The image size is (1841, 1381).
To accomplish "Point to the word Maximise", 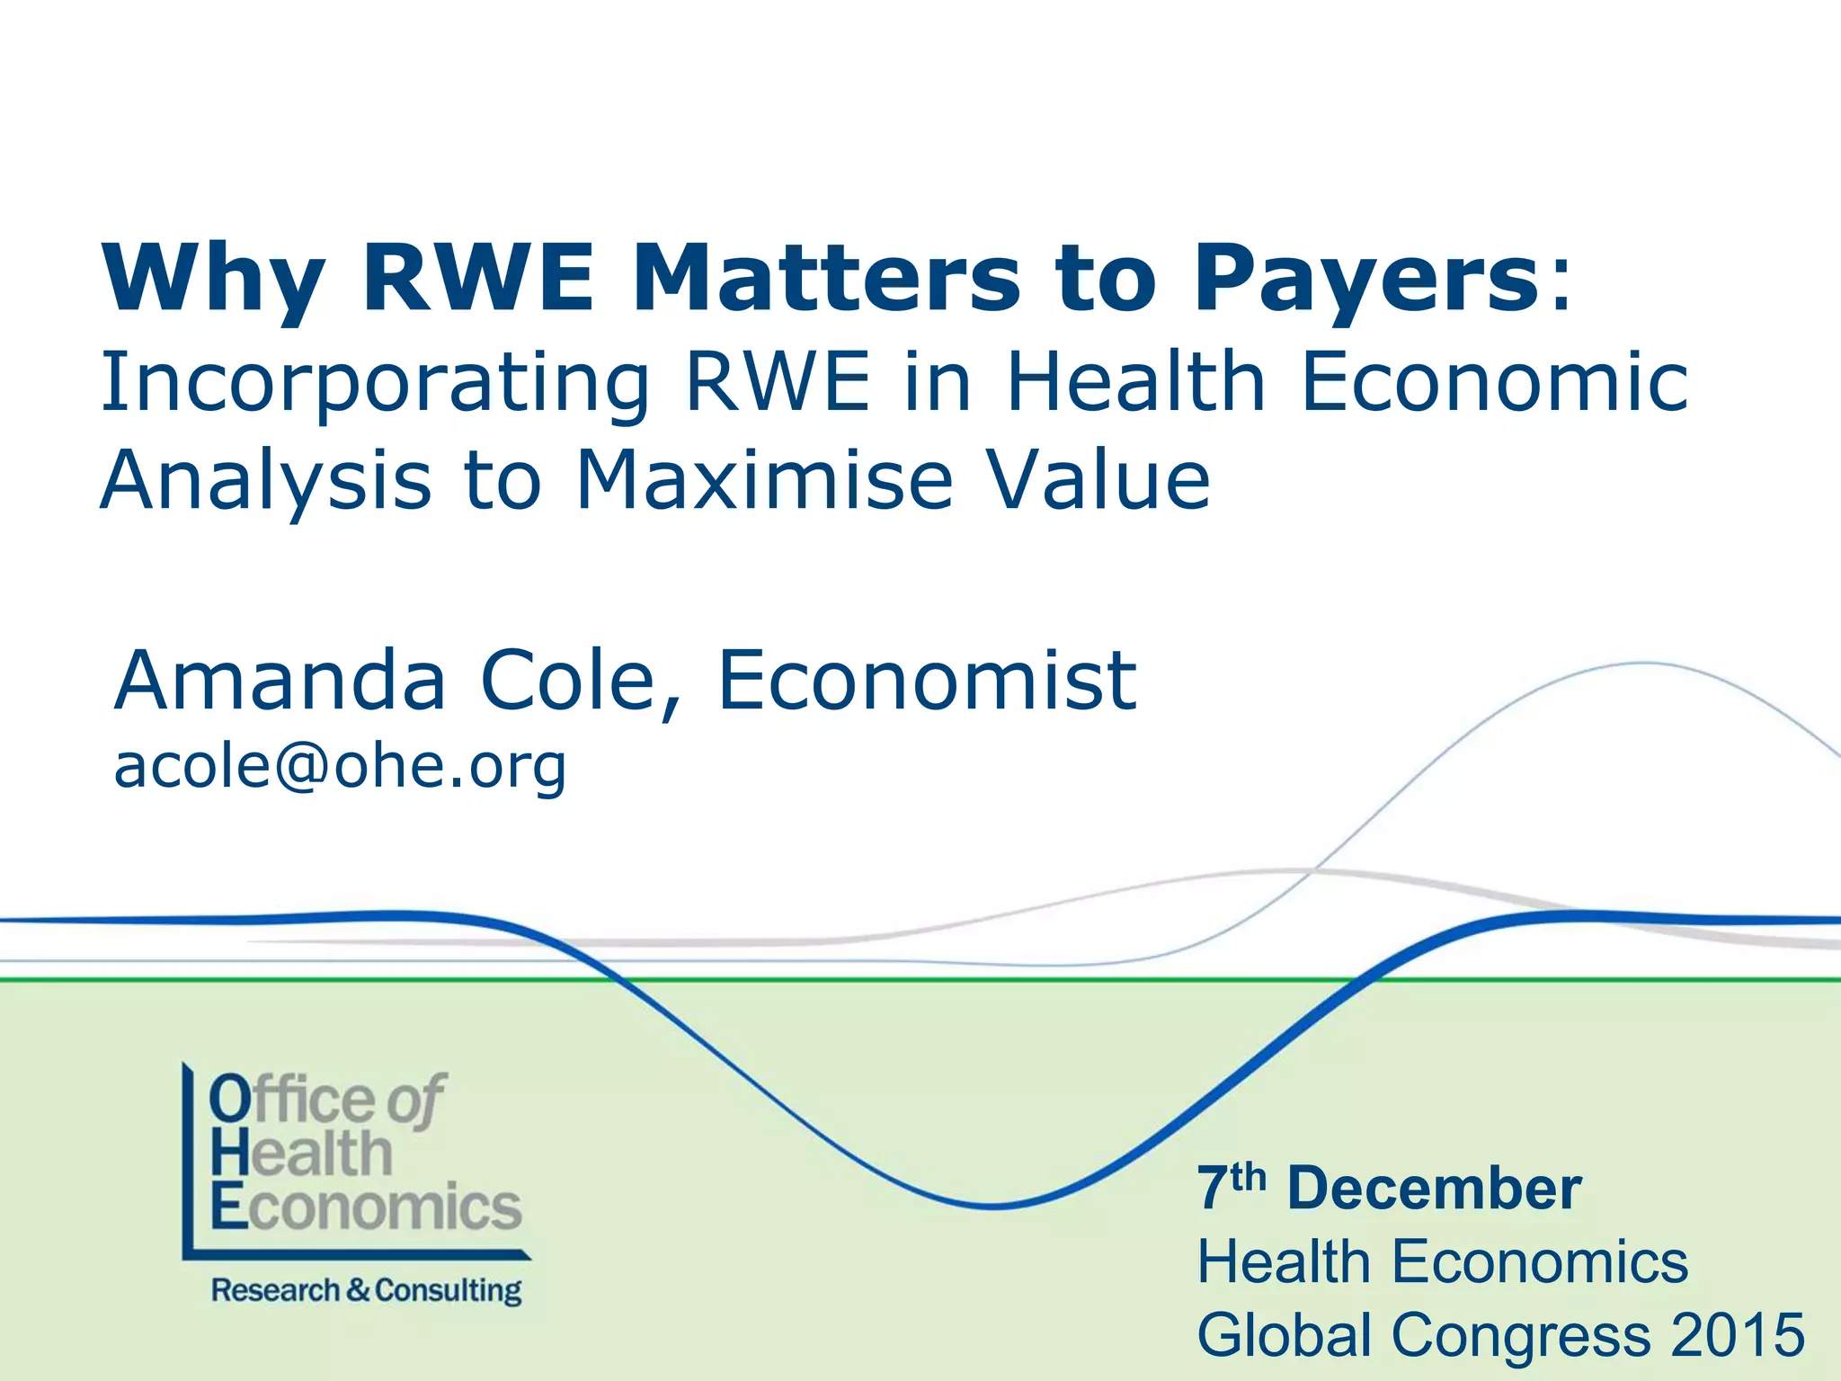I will (x=764, y=480).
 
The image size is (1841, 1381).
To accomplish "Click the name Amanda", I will (x=280, y=680).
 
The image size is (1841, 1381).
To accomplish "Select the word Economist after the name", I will (x=927, y=680).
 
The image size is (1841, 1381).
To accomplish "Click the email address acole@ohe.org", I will (x=340, y=767).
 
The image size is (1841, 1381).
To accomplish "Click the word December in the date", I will (x=1434, y=1189).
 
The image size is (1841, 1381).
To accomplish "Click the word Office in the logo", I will (x=293, y=1099).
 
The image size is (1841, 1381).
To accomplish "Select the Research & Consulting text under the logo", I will (x=366, y=1291).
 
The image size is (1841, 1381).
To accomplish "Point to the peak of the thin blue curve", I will (x=1645, y=664).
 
